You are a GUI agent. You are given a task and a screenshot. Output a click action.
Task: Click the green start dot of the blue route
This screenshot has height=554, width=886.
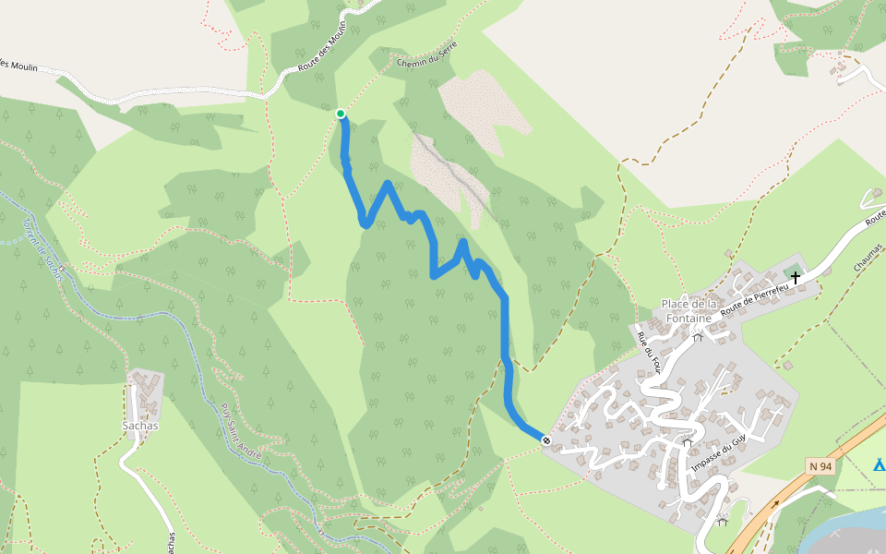[341, 114]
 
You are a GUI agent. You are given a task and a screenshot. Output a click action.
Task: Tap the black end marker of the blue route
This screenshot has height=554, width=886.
[546, 440]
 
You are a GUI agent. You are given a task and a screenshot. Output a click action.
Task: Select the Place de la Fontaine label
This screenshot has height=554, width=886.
[688, 311]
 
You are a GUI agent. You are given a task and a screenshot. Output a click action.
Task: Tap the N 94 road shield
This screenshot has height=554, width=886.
[820, 466]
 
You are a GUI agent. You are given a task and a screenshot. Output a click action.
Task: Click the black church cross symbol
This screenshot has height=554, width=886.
[796, 276]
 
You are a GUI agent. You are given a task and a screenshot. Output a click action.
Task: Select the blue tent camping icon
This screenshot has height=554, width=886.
[880, 464]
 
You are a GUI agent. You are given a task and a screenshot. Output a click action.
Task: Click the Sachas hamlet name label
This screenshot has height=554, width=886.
[140, 426]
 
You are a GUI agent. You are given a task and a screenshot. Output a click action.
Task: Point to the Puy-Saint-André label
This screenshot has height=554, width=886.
[242, 432]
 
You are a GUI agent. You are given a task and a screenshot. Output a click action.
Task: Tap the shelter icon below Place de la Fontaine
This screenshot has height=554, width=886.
[698, 338]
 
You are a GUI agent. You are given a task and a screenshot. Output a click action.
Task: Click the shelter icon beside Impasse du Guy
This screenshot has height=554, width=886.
[687, 443]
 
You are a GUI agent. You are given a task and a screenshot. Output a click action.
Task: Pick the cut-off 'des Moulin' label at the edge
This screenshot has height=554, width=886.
[18, 65]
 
